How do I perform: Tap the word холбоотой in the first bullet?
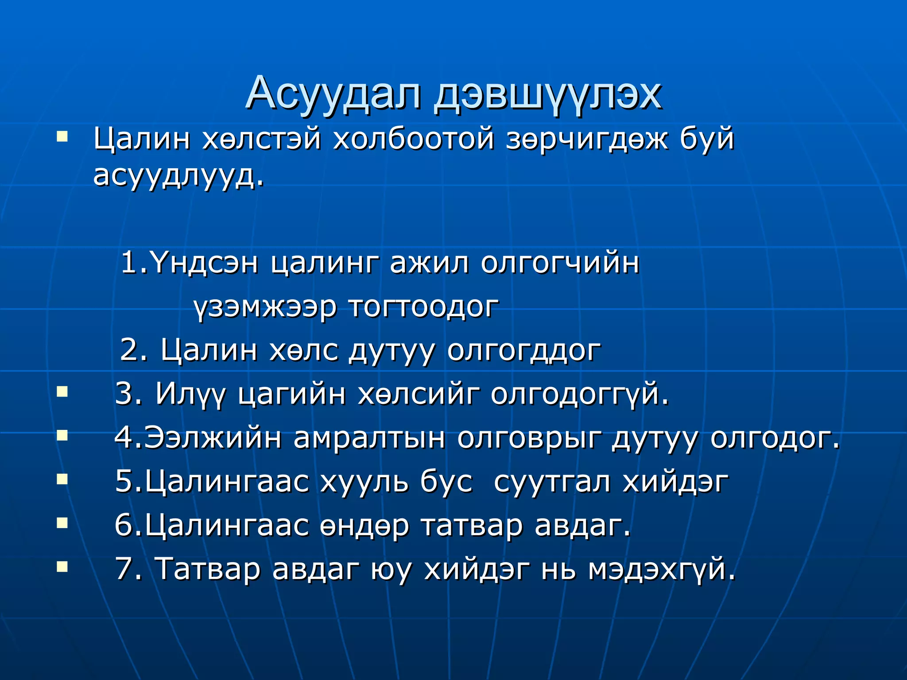pyautogui.click(x=413, y=139)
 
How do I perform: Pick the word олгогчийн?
pyautogui.click(x=560, y=263)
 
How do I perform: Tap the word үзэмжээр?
pyautogui.click(x=265, y=307)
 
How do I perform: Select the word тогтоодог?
pyautogui.click(x=424, y=307)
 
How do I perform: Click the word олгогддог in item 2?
pyautogui.click(x=524, y=351)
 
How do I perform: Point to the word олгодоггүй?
pyautogui.click(x=579, y=394)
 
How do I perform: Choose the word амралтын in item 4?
pyautogui.click(x=369, y=437)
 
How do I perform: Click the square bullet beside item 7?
pyautogui.click(x=62, y=566)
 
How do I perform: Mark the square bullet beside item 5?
pyautogui.click(x=62, y=479)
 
